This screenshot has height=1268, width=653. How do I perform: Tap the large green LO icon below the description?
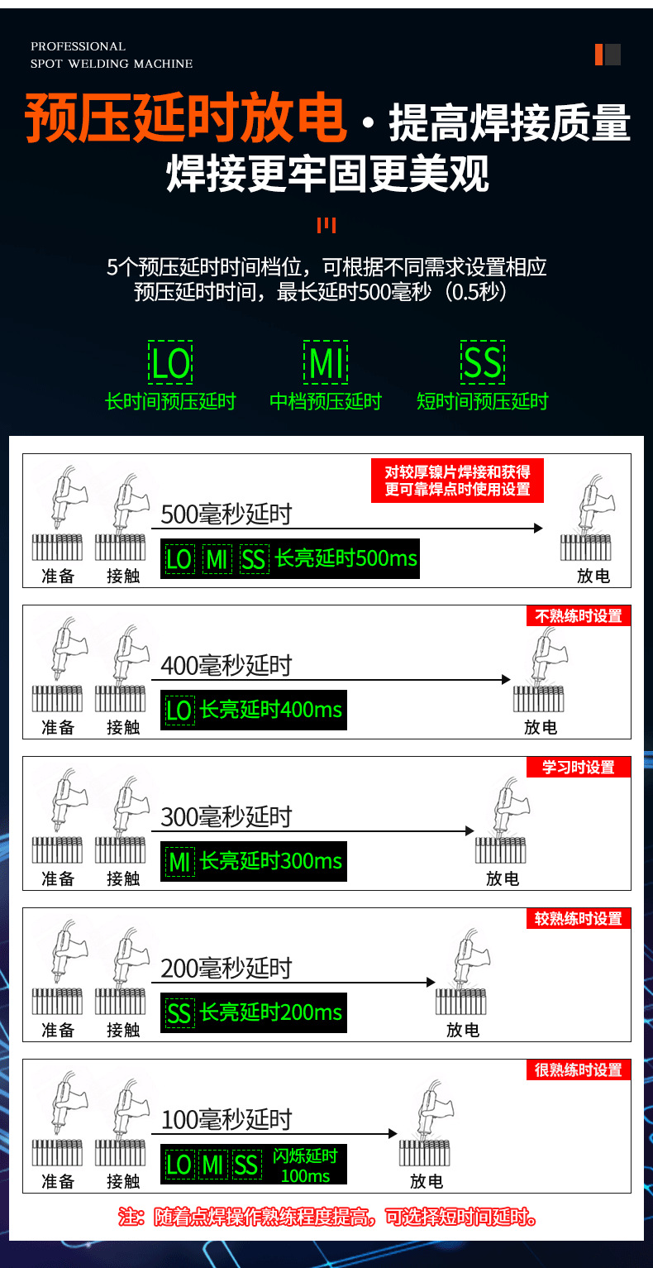(171, 363)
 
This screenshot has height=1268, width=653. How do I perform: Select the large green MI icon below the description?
(326, 363)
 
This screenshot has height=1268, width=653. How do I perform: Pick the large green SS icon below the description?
(482, 363)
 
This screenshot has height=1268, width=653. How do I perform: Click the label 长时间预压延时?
(170, 402)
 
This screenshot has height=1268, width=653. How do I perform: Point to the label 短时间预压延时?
(482, 402)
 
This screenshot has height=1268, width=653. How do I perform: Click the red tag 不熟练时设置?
(579, 616)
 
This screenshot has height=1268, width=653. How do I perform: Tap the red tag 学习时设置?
(579, 768)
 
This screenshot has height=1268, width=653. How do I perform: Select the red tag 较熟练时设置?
(579, 919)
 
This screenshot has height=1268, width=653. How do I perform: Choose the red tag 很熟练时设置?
(579, 1070)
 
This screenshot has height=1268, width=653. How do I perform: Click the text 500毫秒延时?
(226, 514)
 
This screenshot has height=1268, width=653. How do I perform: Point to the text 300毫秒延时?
(226, 817)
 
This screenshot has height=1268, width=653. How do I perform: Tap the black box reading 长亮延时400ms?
(254, 711)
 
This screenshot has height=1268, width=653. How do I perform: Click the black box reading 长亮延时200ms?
(254, 1012)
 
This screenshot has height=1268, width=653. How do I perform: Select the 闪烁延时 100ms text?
(305, 1165)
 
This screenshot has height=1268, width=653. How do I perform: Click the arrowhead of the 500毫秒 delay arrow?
(538, 528)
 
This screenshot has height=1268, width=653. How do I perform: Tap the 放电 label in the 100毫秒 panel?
(426, 1181)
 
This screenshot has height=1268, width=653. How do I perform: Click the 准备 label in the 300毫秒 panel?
(58, 878)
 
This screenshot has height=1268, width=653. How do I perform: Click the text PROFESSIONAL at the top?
(78, 46)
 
